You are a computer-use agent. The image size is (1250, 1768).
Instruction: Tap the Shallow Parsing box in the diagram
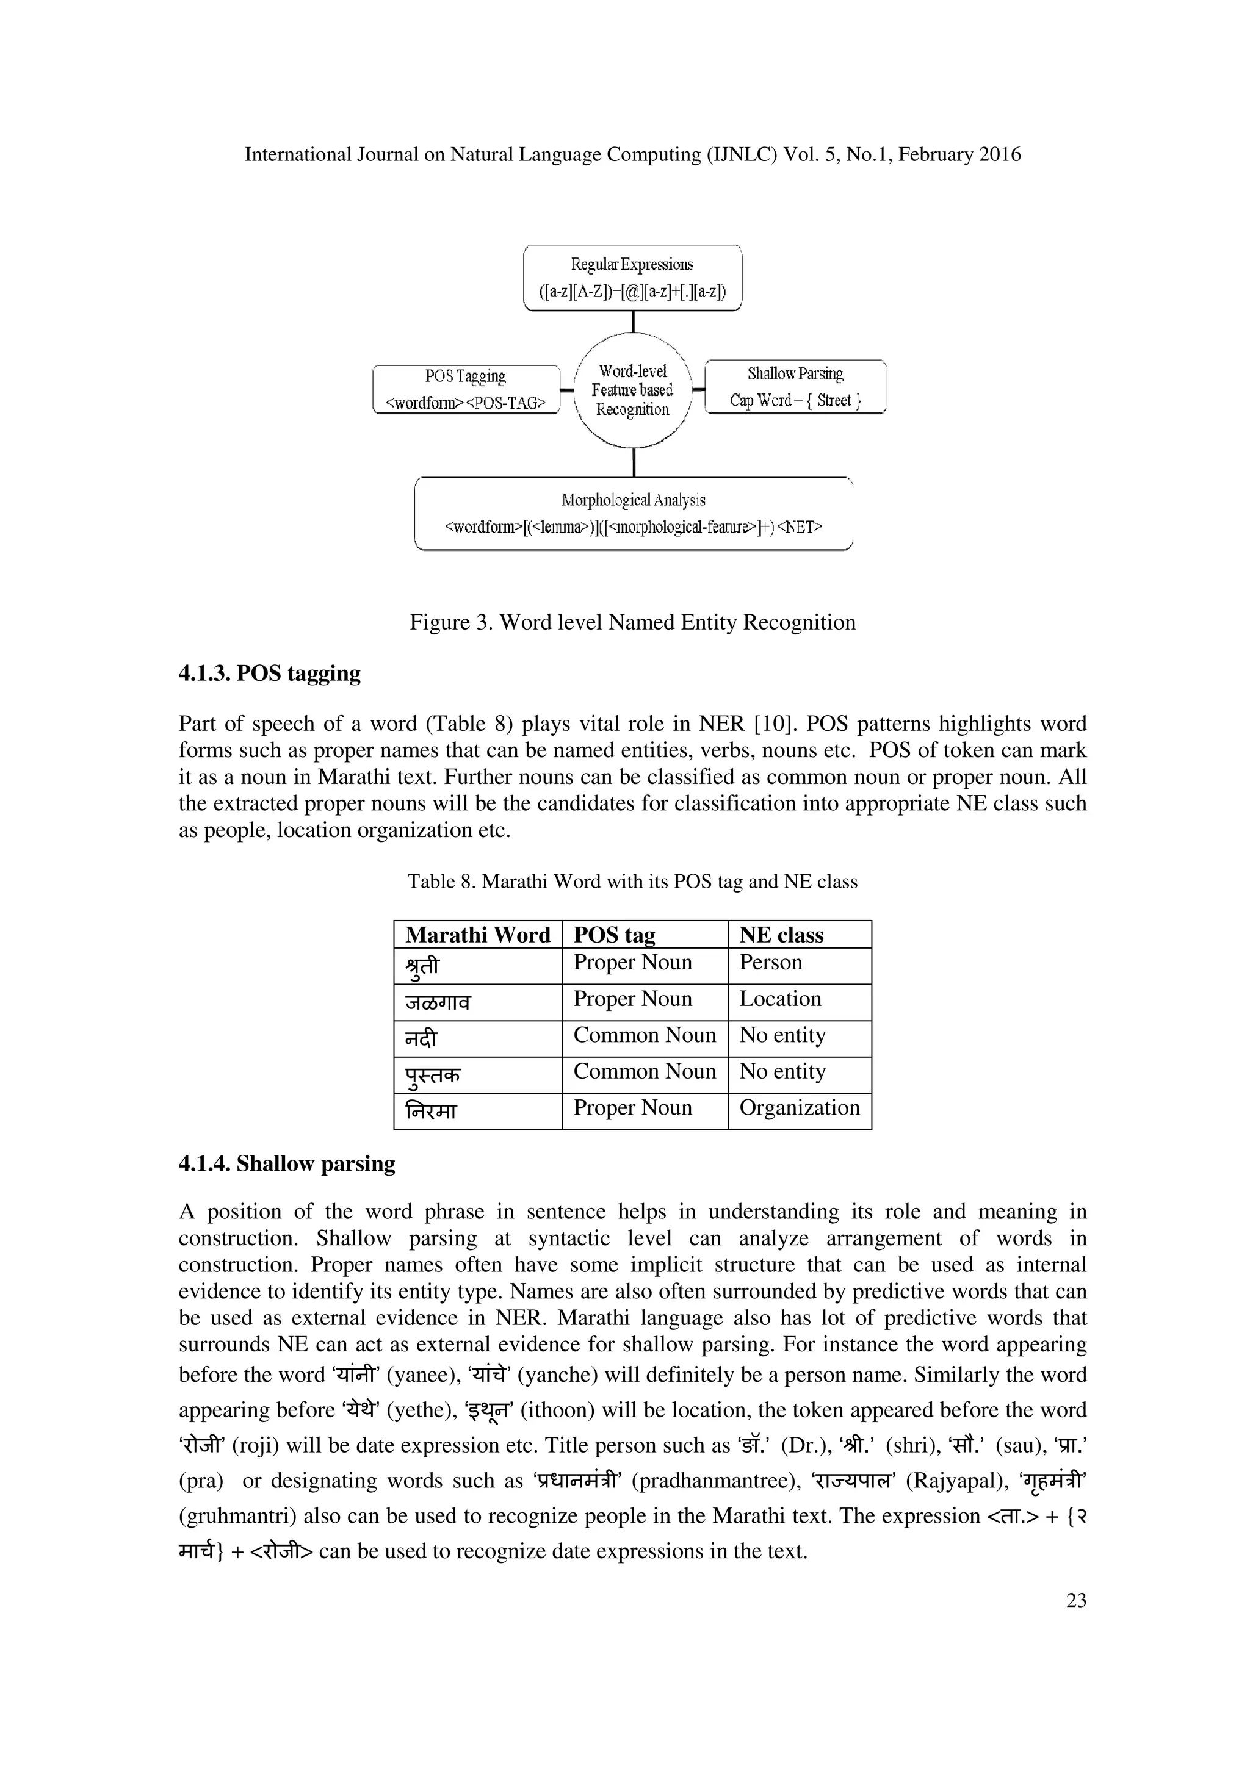[x=796, y=387]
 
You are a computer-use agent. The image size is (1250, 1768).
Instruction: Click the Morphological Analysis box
[x=633, y=513]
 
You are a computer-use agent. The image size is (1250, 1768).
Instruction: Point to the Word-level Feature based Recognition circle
[x=632, y=390]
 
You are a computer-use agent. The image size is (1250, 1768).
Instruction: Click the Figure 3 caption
[x=632, y=622]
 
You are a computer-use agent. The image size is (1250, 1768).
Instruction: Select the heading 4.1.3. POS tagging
[x=270, y=673]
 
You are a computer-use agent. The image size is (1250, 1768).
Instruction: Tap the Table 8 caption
[x=632, y=882]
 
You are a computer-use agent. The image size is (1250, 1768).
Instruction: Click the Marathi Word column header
[x=477, y=935]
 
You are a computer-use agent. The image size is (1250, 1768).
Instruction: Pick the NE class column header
[x=781, y=935]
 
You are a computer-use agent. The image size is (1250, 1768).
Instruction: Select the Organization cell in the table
[x=799, y=1107]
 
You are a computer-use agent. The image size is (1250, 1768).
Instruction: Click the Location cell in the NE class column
[x=779, y=999]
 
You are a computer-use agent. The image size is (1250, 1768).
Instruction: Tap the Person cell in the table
[x=770, y=963]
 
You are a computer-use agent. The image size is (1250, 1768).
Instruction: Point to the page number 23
[x=1076, y=1600]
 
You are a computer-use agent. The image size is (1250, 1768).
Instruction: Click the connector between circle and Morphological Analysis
[x=633, y=462]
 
